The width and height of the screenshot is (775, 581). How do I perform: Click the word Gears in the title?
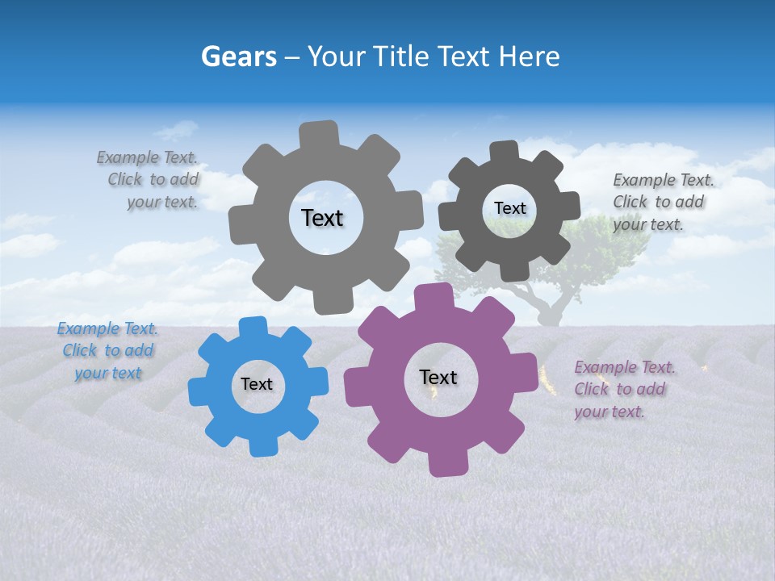tap(238, 56)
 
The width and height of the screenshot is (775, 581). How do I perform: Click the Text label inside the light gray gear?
tap(322, 218)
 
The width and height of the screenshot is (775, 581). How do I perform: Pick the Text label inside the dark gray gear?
tap(509, 208)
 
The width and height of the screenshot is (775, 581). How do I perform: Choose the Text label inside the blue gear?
tap(257, 385)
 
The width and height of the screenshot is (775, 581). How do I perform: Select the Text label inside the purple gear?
tap(438, 378)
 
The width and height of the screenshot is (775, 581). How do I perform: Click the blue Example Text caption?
tap(107, 351)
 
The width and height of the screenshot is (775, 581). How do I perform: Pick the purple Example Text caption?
tap(623, 389)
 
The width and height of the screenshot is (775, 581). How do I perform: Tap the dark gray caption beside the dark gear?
tap(662, 202)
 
